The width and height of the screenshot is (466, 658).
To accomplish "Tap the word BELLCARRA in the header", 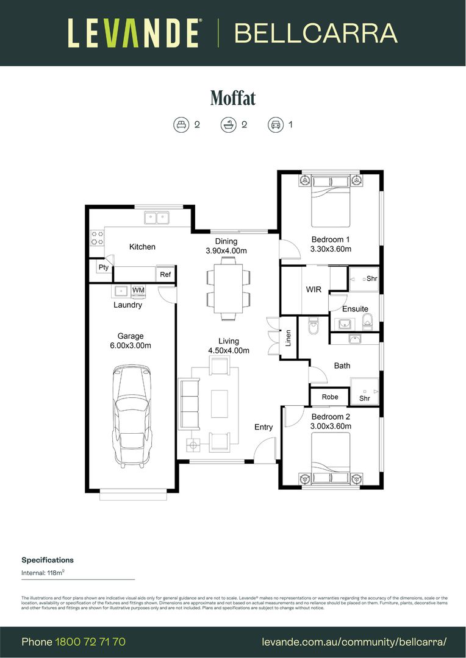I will [316, 34].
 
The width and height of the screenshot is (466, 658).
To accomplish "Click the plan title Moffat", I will [232, 97].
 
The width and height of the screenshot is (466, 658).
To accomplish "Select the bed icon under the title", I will [181, 125].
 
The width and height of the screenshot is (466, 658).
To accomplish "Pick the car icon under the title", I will [275, 125].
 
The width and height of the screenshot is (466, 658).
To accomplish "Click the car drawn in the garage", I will [131, 415].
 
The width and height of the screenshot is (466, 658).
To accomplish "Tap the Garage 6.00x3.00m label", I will [131, 341].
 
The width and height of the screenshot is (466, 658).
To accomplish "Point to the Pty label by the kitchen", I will [103, 267].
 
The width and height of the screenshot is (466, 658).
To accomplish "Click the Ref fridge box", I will [165, 275].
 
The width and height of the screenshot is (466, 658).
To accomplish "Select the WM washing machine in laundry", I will [138, 290].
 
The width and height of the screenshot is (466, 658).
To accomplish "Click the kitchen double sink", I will [157, 217].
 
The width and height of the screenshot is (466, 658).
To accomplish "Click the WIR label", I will [314, 289].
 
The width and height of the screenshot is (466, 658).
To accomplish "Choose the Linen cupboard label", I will [289, 338].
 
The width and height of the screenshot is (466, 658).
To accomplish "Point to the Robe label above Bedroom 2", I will [330, 397].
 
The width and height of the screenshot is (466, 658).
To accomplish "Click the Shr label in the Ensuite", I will [371, 278].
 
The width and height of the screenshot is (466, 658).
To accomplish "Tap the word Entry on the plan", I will [263, 427].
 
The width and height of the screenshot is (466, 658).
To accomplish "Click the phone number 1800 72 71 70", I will [90, 642].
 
